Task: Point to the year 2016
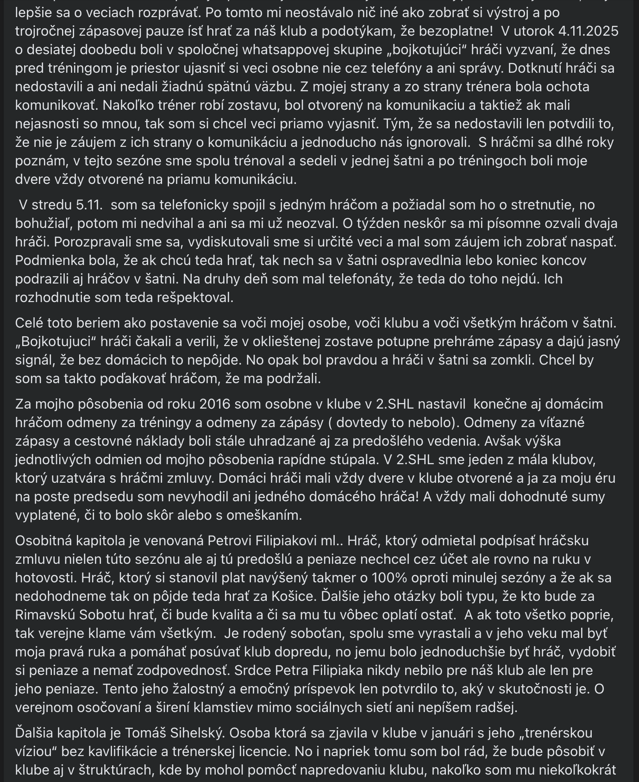(x=214, y=404)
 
